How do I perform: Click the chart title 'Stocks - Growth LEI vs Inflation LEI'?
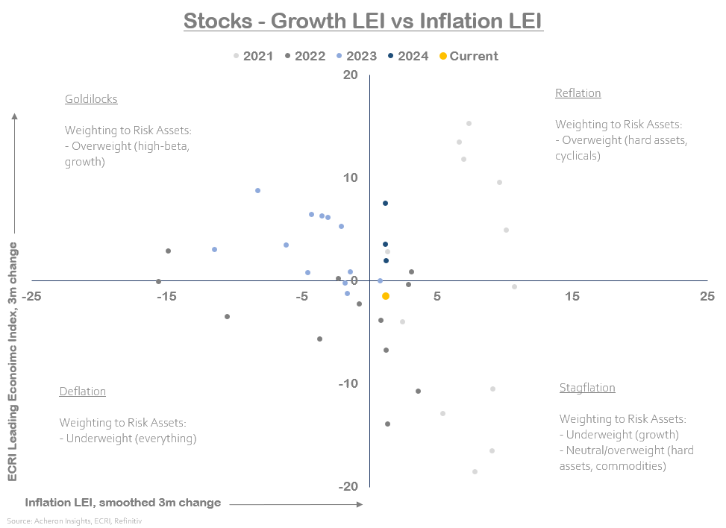pyautogui.click(x=363, y=20)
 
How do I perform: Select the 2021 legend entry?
pyautogui.click(x=253, y=56)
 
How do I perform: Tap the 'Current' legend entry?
pyautogui.click(x=469, y=56)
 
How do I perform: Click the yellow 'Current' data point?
pyautogui.click(x=386, y=296)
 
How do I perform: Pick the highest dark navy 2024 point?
pyautogui.click(x=385, y=203)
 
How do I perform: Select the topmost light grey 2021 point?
pyautogui.click(x=469, y=124)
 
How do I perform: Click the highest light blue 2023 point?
pyautogui.click(x=257, y=190)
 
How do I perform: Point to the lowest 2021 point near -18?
pyautogui.click(x=475, y=471)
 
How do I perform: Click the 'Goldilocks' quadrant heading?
pyautogui.click(x=91, y=98)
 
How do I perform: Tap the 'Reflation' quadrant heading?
pyautogui.click(x=578, y=93)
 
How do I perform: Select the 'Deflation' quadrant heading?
pyautogui.click(x=82, y=392)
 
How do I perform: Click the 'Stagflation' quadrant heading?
pyautogui.click(x=587, y=388)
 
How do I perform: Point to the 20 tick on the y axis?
pyautogui.click(x=350, y=75)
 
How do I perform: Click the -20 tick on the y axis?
pyautogui.click(x=348, y=486)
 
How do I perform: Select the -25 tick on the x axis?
pyautogui.click(x=31, y=296)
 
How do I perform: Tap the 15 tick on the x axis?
pyautogui.click(x=572, y=296)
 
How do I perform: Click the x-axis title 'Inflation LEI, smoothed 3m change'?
pyautogui.click(x=123, y=503)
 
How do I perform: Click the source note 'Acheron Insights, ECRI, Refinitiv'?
pyautogui.click(x=75, y=521)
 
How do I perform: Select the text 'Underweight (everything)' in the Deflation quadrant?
pyautogui.click(x=131, y=439)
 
